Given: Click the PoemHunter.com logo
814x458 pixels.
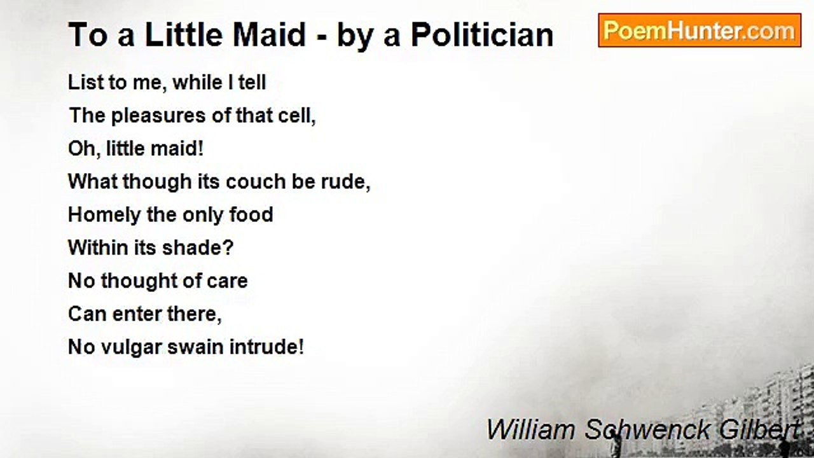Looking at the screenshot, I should click(700, 31).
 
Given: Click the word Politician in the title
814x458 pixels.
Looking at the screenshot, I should click(482, 35).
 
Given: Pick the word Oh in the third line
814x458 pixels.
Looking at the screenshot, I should click(79, 149).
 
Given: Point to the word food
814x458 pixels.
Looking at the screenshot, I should click(251, 215).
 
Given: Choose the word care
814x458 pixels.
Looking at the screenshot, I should click(226, 281).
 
